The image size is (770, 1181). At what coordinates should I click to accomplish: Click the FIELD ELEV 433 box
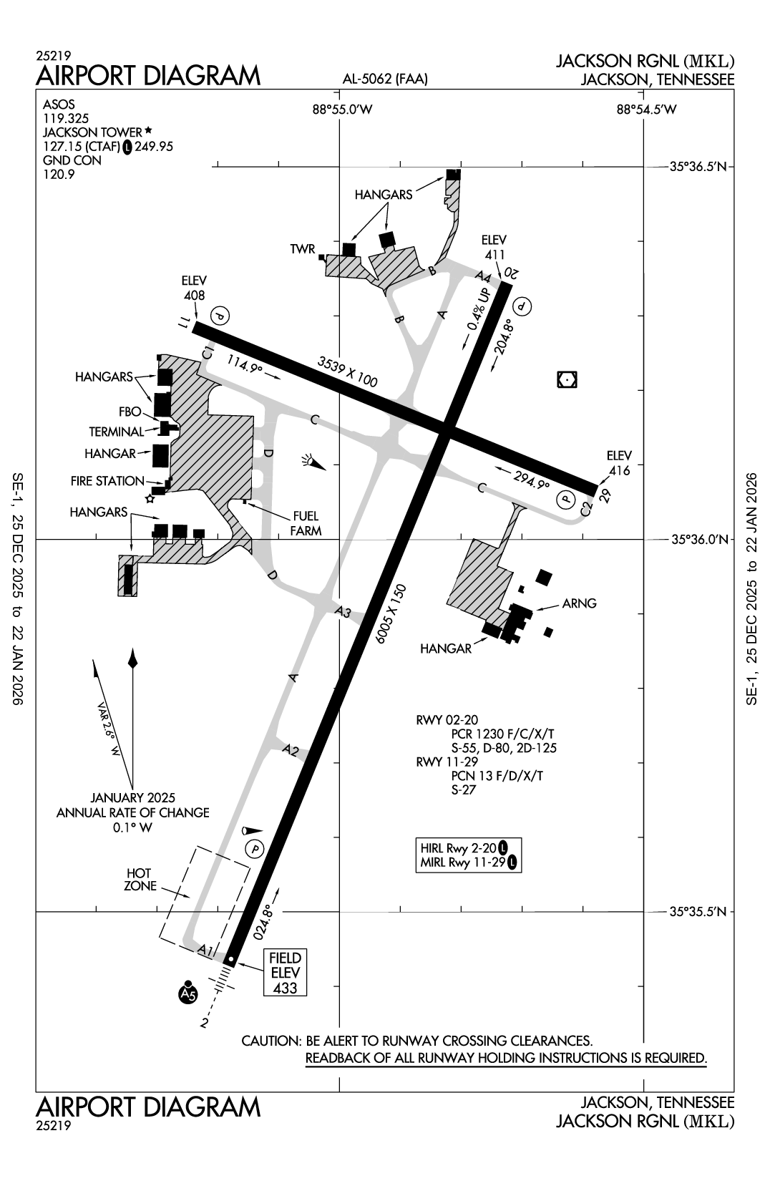click(285, 972)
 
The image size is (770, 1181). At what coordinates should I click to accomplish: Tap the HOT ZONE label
click(139, 879)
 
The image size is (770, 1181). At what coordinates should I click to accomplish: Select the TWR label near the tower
click(302, 249)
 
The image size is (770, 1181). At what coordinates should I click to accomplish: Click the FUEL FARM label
click(306, 523)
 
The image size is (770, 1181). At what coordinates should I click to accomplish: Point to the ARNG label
click(579, 603)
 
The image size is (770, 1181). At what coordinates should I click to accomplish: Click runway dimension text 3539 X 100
click(347, 371)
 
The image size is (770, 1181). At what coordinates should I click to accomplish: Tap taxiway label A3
click(343, 612)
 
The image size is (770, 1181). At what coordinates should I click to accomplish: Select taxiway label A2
click(291, 750)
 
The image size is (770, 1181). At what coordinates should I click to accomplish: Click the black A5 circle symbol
click(187, 994)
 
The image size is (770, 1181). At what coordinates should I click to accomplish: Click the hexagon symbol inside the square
click(567, 380)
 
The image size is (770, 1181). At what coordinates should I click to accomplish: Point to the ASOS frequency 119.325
click(60, 119)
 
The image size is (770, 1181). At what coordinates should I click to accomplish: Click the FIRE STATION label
click(107, 481)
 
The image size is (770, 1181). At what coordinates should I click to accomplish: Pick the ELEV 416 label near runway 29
click(619, 462)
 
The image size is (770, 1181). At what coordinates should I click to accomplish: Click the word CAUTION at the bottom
click(270, 1041)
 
